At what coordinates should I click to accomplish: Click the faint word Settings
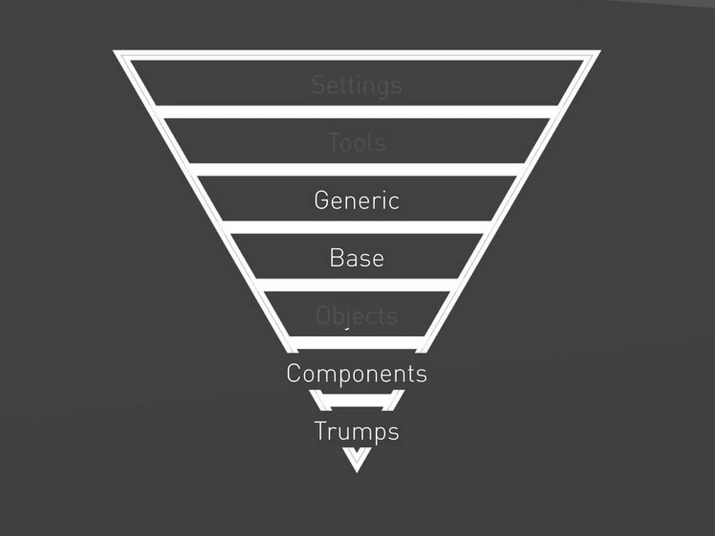tap(356, 85)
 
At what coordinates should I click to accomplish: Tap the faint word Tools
tap(356, 143)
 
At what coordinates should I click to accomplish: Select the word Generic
tap(356, 201)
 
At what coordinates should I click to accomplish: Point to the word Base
tap(356, 258)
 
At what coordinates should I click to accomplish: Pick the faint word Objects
tap(356, 316)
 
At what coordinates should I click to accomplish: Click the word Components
tap(356, 374)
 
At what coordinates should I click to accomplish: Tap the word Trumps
tap(356, 432)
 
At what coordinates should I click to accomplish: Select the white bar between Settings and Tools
tap(356, 112)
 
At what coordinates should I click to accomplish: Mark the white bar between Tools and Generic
tap(356, 170)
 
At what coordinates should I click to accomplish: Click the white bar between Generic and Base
tap(356, 227)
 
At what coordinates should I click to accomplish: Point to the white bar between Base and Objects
tap(356, 285)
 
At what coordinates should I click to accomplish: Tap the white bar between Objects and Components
tap(356, 343)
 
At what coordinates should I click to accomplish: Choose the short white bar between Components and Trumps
tap(356, 400)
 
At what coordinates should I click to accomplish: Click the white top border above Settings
tap(356, 55)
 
